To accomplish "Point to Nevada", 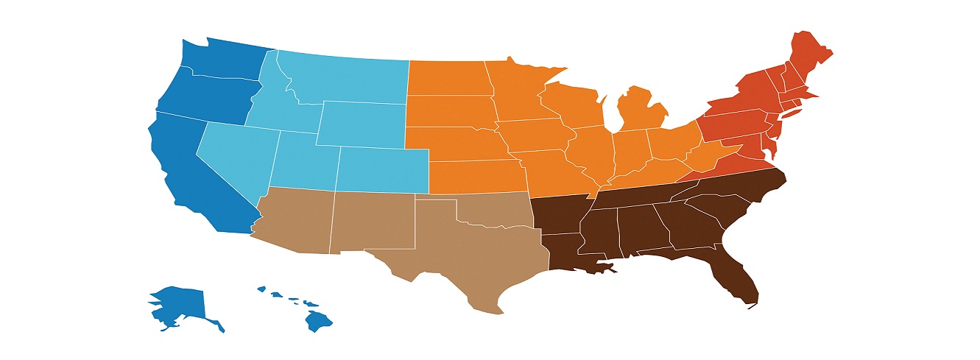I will [x=236, y=151].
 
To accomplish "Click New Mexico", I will [x=372, y=221].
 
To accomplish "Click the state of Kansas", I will [x=475, y=177].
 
